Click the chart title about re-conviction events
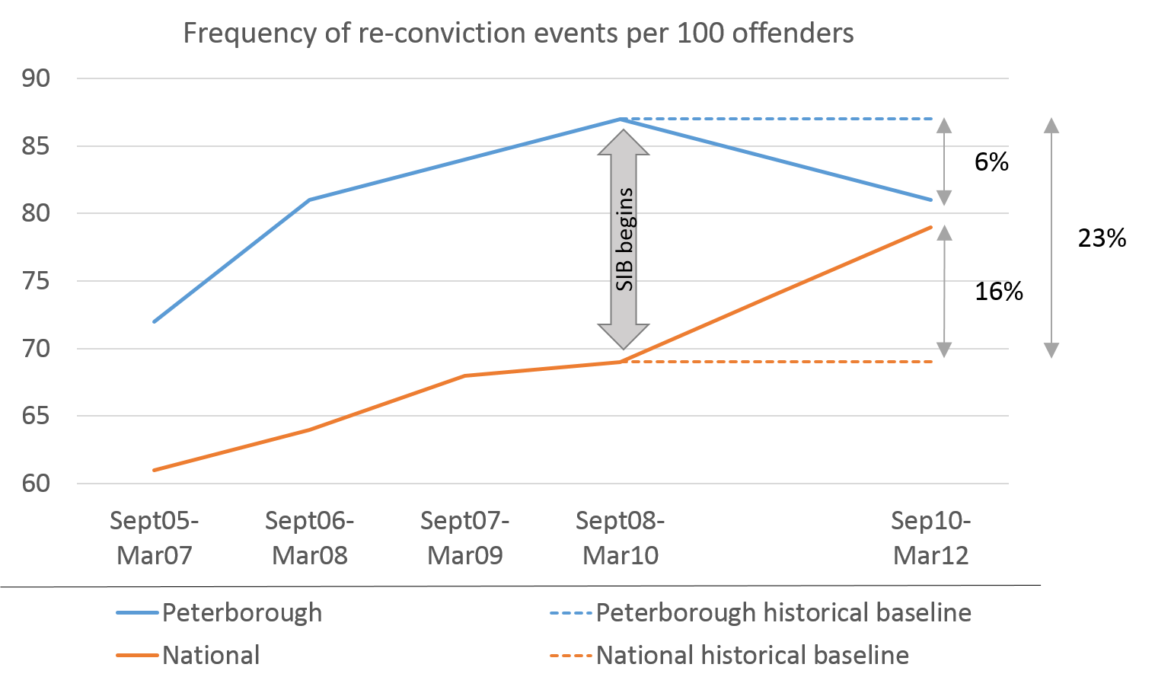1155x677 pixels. (x=518, y=34)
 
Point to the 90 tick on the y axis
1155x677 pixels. (x=36, y=78)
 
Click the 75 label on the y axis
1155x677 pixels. (x=36, y=281)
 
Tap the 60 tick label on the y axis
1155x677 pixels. (x=36, y=484)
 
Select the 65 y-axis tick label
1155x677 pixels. (x=36, y=416)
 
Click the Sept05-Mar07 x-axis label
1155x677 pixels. (x=155, y=538)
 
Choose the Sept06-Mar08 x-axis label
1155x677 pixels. (x=310, y=538)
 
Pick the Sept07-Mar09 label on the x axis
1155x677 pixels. (x=465, y=538)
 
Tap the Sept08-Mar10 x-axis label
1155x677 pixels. (x=621, y=538)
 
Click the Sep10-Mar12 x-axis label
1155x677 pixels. (x=931, y=538)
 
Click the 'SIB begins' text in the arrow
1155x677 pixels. (x=624, y=239)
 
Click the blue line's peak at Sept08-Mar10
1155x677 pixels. (x=621, y=119)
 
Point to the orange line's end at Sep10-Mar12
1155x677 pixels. (x=931, y=227)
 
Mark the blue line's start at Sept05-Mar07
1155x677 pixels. (x=155, y=321)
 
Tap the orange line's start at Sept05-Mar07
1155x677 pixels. (x=155, y=470)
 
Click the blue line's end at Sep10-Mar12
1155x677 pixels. (x=931, y=200)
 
